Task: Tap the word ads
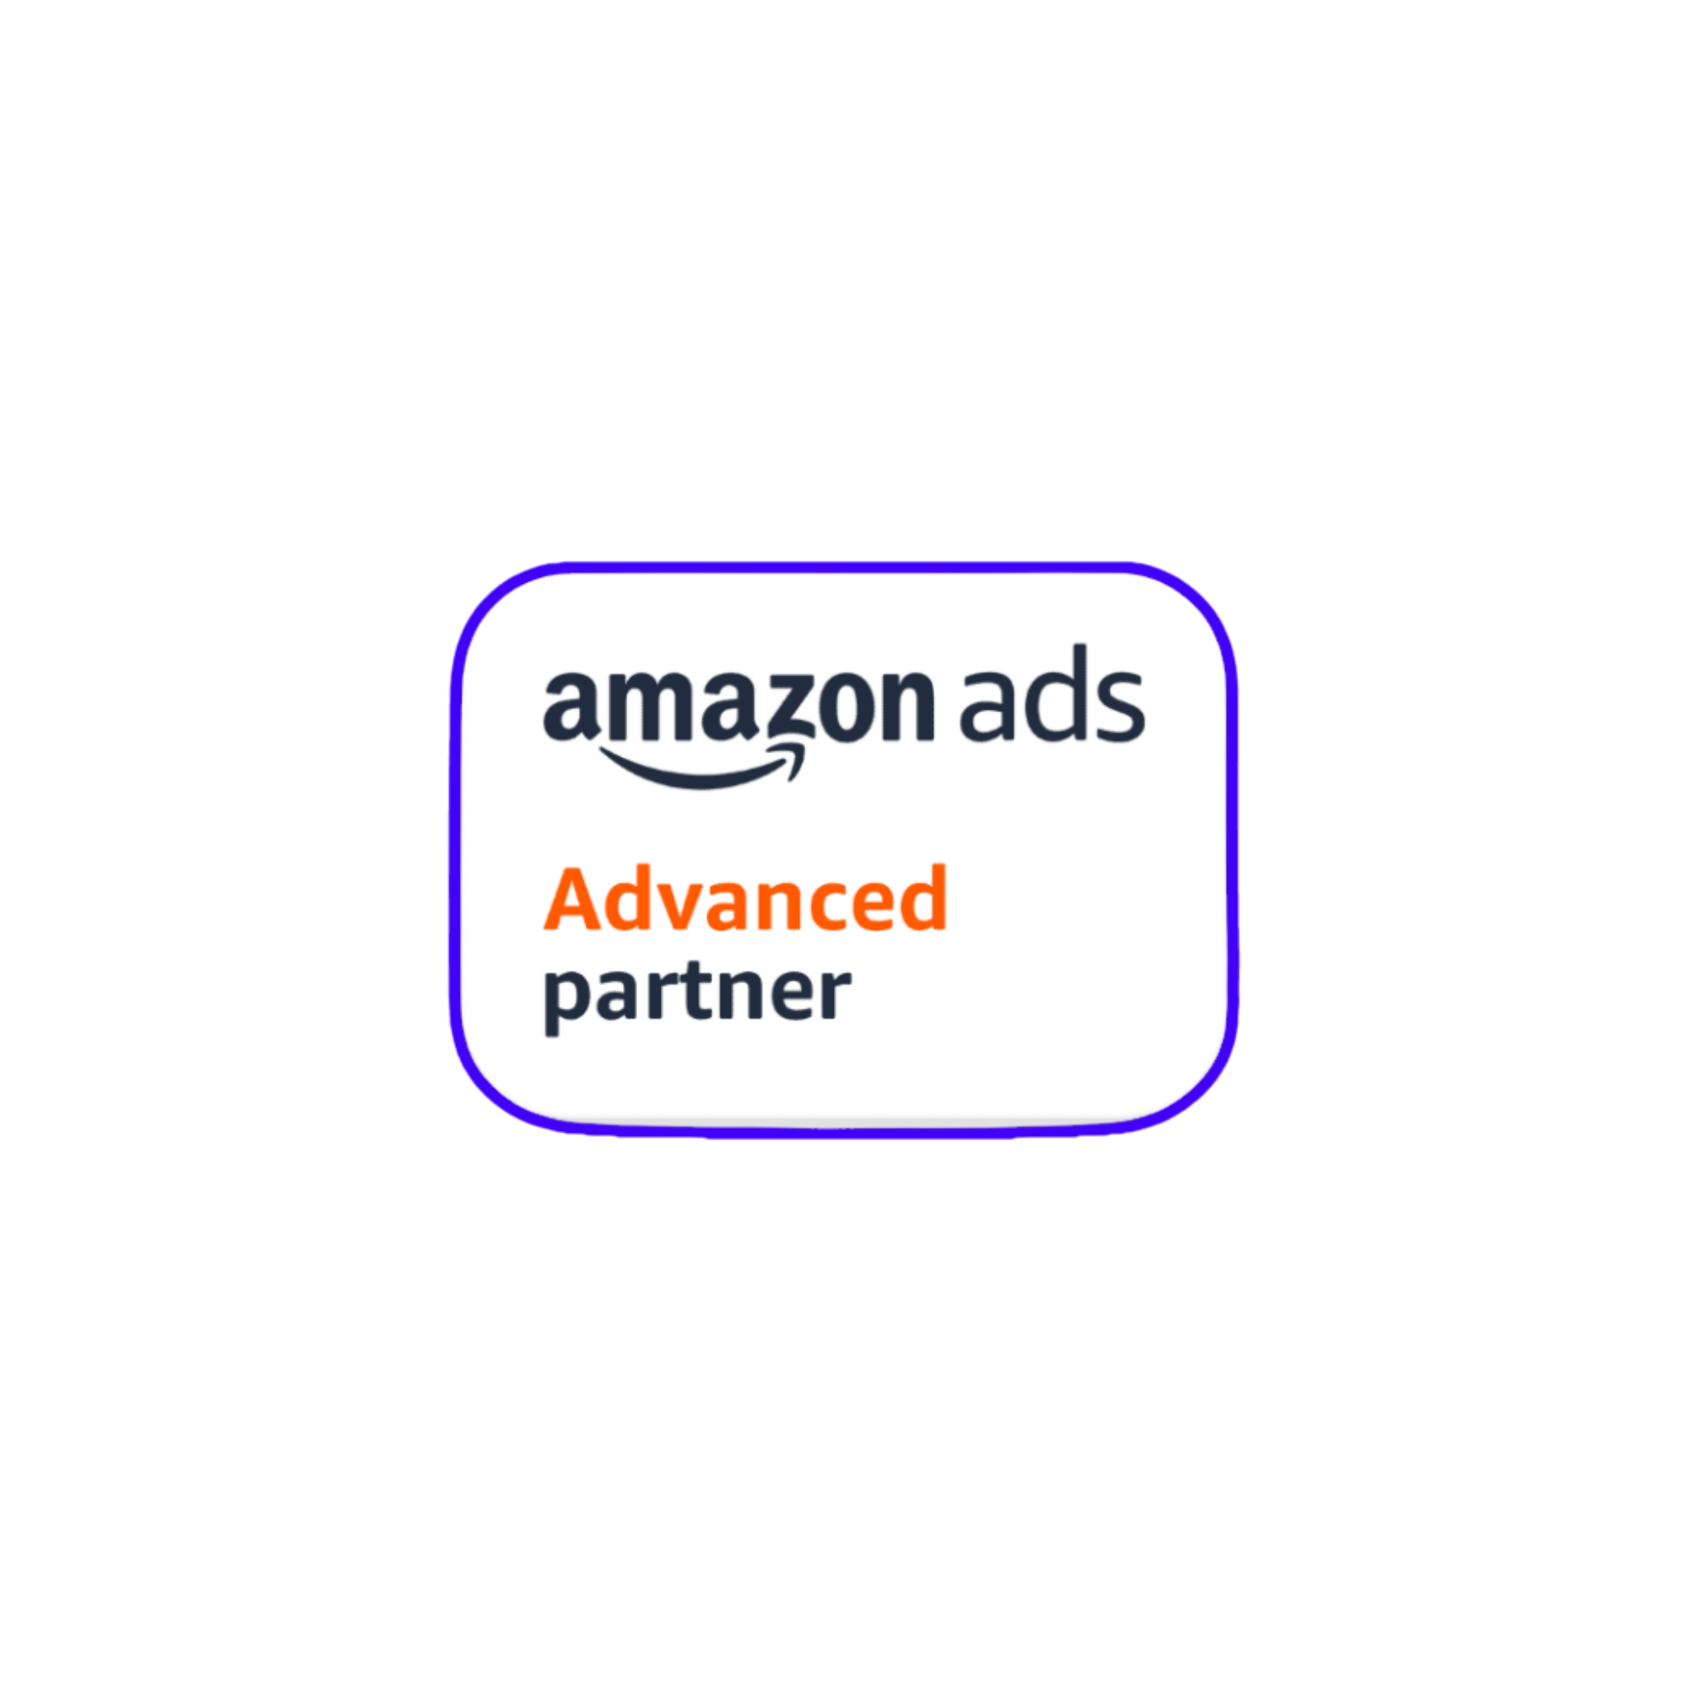click(1052, 694)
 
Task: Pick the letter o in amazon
click(841, 709)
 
